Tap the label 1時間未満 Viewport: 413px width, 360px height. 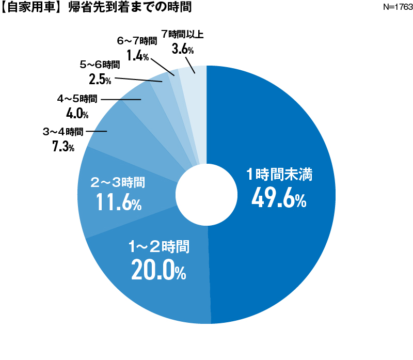[x=279, y=175]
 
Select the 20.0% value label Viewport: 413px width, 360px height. [x=158, y=270]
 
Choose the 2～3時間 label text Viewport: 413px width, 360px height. [x=118, y=182]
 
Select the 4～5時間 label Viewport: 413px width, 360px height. [x=77, y=98]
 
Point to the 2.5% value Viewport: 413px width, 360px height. [x=100, y=80]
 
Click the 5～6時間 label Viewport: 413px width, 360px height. [x=100, y=65]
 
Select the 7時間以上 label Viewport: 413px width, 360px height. [x=183, y=35]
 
